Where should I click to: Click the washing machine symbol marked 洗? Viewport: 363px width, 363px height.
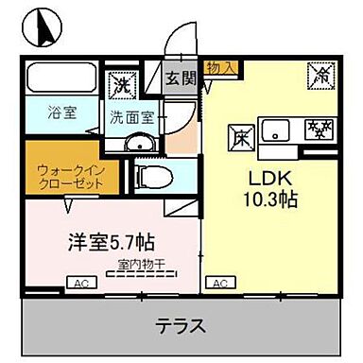pos(122,84)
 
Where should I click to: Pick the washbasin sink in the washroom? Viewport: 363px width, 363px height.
pos(139,143)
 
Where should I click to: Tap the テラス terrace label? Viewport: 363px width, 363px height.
pos(181,327)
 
